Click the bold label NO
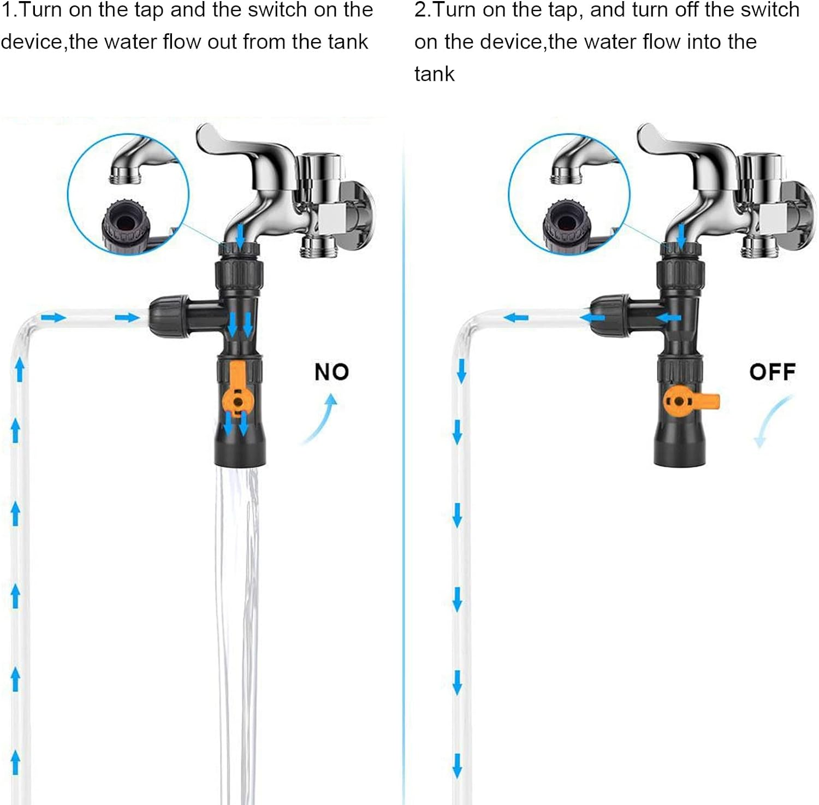point(331,372)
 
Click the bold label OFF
point(772,372)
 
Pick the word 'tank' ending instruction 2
point(434,74)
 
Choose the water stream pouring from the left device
point(238,601)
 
